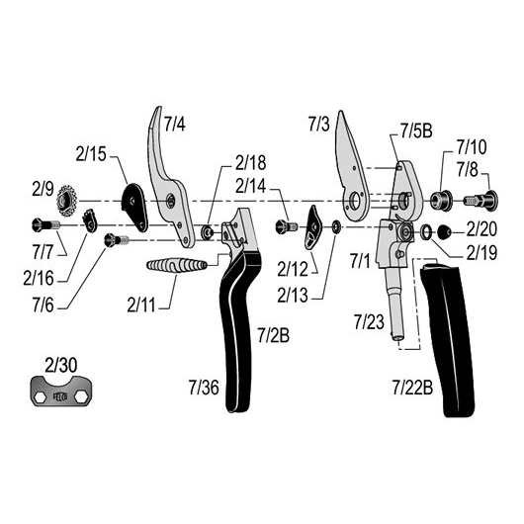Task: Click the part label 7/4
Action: pos(174,124)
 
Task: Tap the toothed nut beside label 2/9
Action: pos(67,200)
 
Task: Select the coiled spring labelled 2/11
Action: pos(177,265)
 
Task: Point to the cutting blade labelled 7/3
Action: pos(352,166)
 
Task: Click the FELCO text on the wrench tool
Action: pos(60,396)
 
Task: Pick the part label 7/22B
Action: pos(412,388)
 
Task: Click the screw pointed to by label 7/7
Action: pos(45,225)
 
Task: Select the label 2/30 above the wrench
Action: pos(61,365)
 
